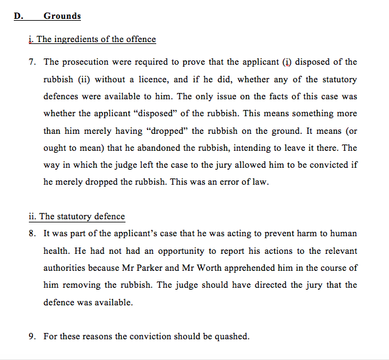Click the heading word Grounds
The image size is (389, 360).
(x=62, y=16)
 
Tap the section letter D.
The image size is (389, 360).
(x=18, y=16)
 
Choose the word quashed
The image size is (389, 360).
(x=232, y=336)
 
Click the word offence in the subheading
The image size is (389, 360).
(x=141, y=39)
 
